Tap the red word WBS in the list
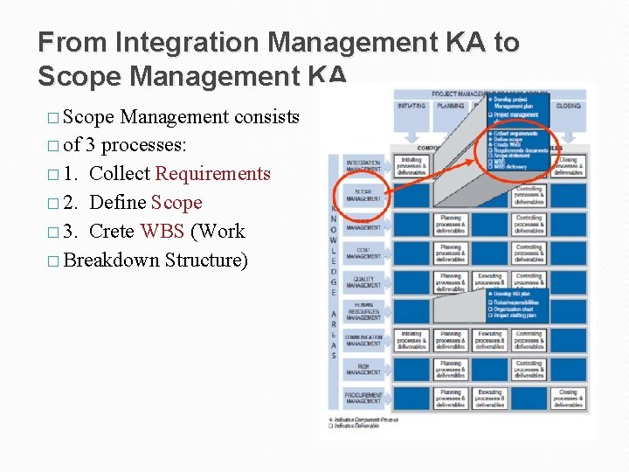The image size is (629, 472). point(162,232)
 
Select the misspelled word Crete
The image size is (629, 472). point(112,232)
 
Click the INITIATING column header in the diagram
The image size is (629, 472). point(411,106)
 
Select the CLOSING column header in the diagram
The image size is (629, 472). point(568,106)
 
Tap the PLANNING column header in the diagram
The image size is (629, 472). point(451,106)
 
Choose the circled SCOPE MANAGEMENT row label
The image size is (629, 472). point(363,194)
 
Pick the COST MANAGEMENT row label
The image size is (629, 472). point(363,253)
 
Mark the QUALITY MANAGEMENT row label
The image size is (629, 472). point(363,281)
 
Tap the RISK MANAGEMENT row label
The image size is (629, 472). point(363,370)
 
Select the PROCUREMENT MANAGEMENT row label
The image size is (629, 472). point(363,398)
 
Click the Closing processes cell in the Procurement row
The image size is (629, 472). point(568,399)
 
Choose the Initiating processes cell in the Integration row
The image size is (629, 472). point(411,164)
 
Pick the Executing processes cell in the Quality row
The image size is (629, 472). point(490,281)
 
